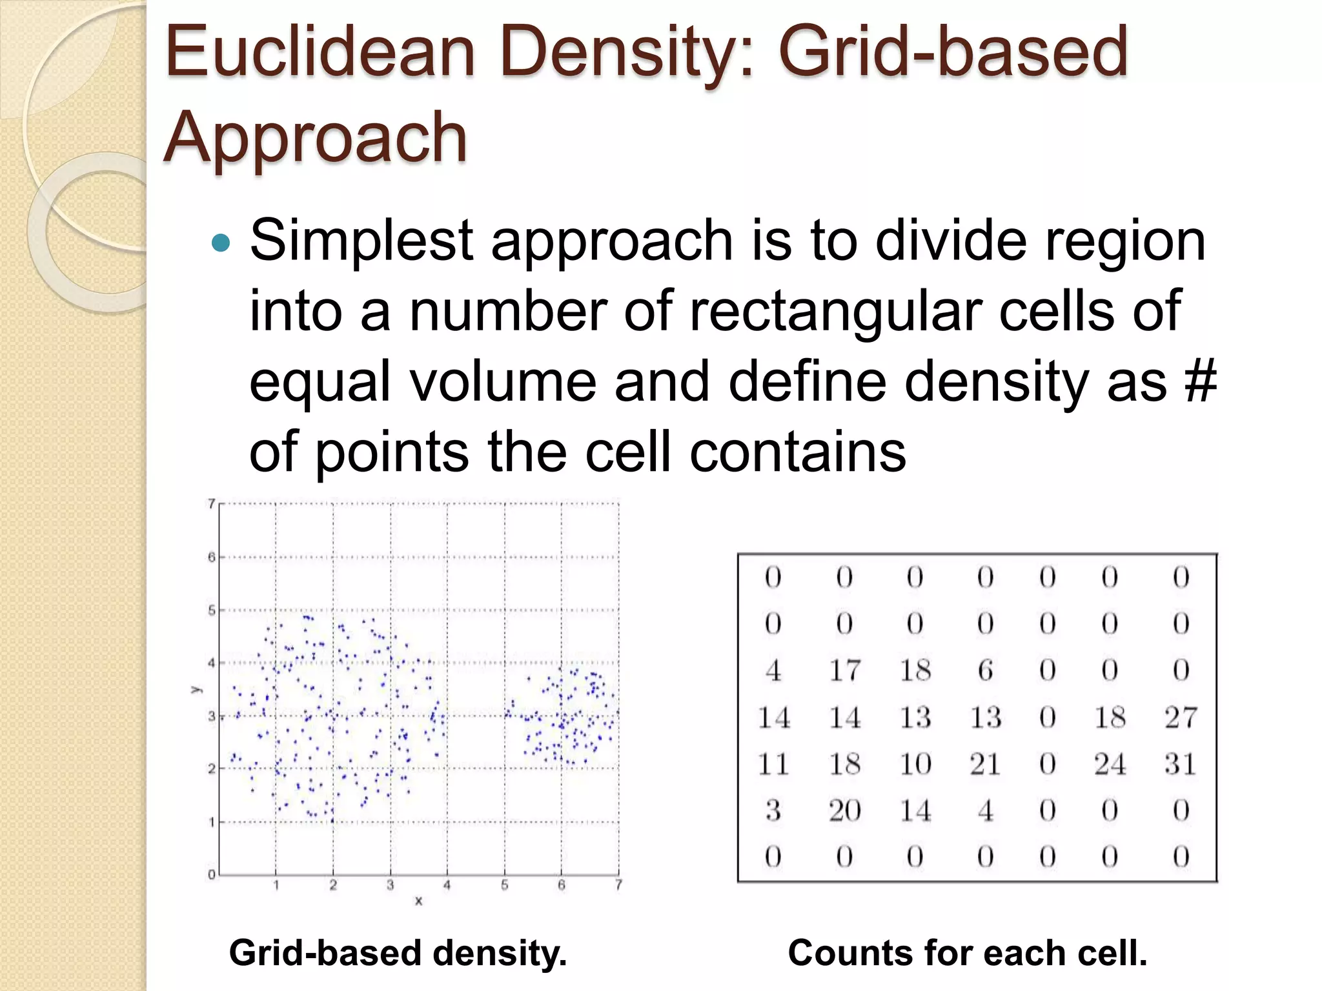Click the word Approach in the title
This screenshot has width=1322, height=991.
[x=316, y=137]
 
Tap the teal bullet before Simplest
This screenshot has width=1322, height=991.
[x=221, y=243]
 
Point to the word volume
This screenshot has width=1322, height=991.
[x=503, y=381]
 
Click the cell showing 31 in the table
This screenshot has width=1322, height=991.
[x=1180, y=764]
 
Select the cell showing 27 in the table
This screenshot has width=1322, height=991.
[x=1180, y=717]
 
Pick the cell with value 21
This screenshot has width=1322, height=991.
[x=985, y=764]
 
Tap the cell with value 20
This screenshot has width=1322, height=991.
[x=845, y=810]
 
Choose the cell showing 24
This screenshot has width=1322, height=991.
[x=1110, y=764]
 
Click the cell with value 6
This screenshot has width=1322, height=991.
[x=985, y=670]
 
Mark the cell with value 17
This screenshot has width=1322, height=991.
[x=845, y=670]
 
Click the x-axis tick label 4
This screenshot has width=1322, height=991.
[x=447, y=886]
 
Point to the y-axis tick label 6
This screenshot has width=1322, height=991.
[x=211, y=557]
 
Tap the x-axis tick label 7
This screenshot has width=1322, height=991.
[x=618, y=886]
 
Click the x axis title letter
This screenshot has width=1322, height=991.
[x=418, y=901]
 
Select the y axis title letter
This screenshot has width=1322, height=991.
[x=194, y=690]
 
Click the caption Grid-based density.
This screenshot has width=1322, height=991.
[x=398, y=954]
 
